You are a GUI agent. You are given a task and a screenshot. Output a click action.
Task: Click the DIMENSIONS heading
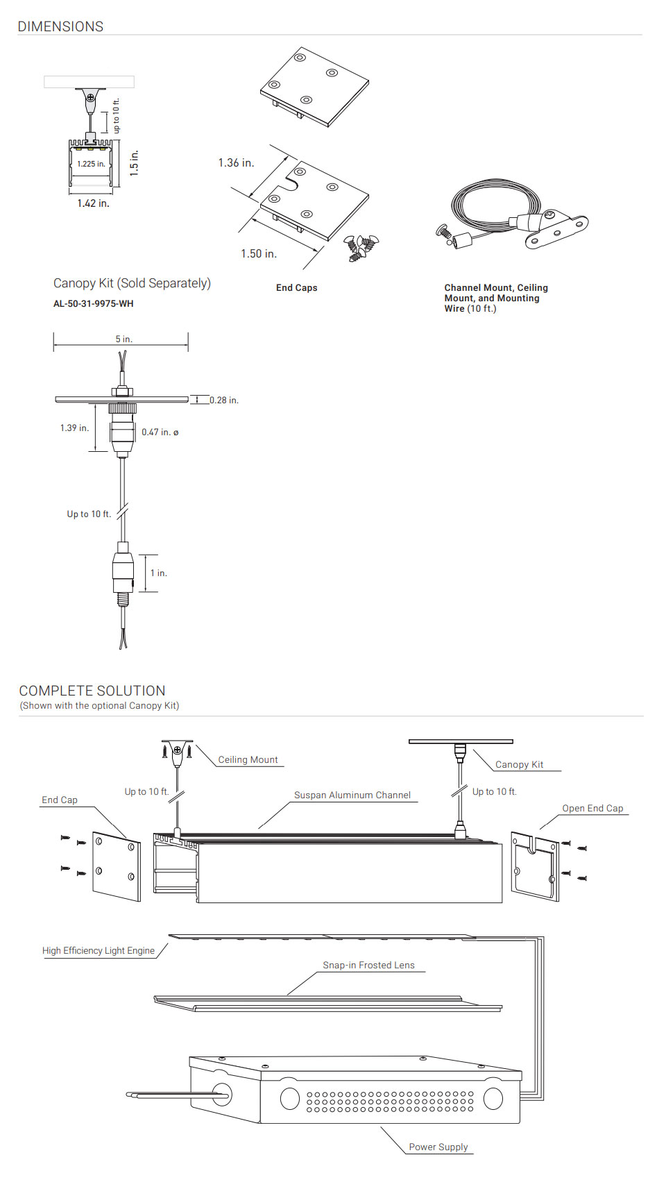click(60, 26)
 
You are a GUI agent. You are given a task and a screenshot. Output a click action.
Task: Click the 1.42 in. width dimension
click(93, 203)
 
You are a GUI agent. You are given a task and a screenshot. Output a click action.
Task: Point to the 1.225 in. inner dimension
click(91, 164)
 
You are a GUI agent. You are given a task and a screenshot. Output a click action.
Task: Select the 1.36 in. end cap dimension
click(236, 163)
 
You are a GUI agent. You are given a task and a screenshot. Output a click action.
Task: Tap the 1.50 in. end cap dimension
click(259, 253)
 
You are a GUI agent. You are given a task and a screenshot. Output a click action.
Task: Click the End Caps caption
click(296, 287)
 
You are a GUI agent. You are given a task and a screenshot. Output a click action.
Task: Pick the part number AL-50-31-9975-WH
click(93, 303)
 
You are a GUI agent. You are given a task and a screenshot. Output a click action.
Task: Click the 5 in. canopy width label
click(123, 339)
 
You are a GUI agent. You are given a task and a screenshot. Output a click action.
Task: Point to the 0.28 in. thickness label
click(224, 401)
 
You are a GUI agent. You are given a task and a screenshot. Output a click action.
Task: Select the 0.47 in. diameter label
click(160, 432)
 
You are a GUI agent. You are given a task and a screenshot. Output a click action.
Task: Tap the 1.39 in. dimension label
click(74, 428)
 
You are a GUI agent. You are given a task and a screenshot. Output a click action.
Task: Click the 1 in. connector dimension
click(158, 573)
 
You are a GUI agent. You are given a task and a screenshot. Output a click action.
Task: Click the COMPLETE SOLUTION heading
click(92, 691)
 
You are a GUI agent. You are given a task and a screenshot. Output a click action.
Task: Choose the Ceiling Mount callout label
click(248, 759)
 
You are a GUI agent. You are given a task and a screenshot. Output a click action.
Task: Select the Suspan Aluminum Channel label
click(352, 795)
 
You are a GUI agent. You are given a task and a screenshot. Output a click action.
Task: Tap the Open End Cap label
click(592, 808)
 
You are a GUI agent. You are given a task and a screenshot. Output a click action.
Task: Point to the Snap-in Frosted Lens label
click(368, 965)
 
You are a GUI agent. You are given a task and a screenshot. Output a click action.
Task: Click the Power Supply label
click(438, 1147)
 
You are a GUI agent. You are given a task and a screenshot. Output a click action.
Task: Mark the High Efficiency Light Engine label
click(99, 950)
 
